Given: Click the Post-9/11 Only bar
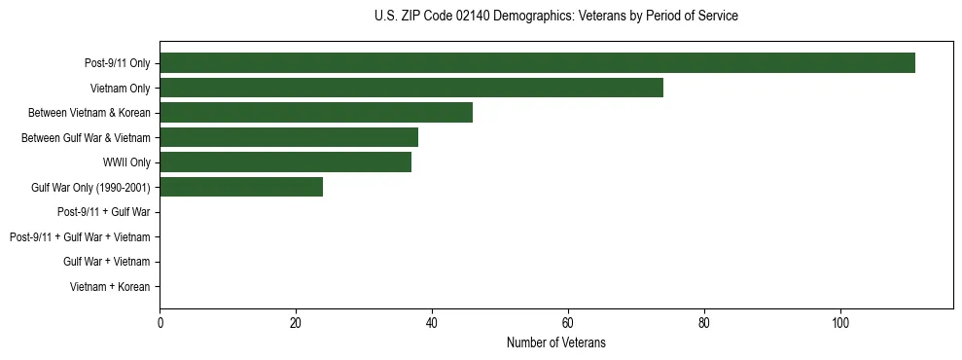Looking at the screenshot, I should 537,63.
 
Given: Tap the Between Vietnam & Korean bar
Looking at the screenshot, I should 316,113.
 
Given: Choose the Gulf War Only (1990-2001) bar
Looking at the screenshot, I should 241,187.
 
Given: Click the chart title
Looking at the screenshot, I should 555,17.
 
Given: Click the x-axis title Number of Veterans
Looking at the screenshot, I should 555,342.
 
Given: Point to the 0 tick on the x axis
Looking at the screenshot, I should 160,323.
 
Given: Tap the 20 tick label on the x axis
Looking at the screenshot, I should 296,323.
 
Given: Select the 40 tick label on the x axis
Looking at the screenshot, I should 432,323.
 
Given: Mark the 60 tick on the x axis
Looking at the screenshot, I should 568,323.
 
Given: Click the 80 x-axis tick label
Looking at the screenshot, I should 704,323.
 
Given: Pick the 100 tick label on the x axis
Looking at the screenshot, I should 840,323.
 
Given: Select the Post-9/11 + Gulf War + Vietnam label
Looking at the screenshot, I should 80,236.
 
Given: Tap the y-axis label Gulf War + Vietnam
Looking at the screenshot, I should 106,262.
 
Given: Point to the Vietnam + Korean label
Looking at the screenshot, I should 110,286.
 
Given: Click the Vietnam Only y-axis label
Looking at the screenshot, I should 122,88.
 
